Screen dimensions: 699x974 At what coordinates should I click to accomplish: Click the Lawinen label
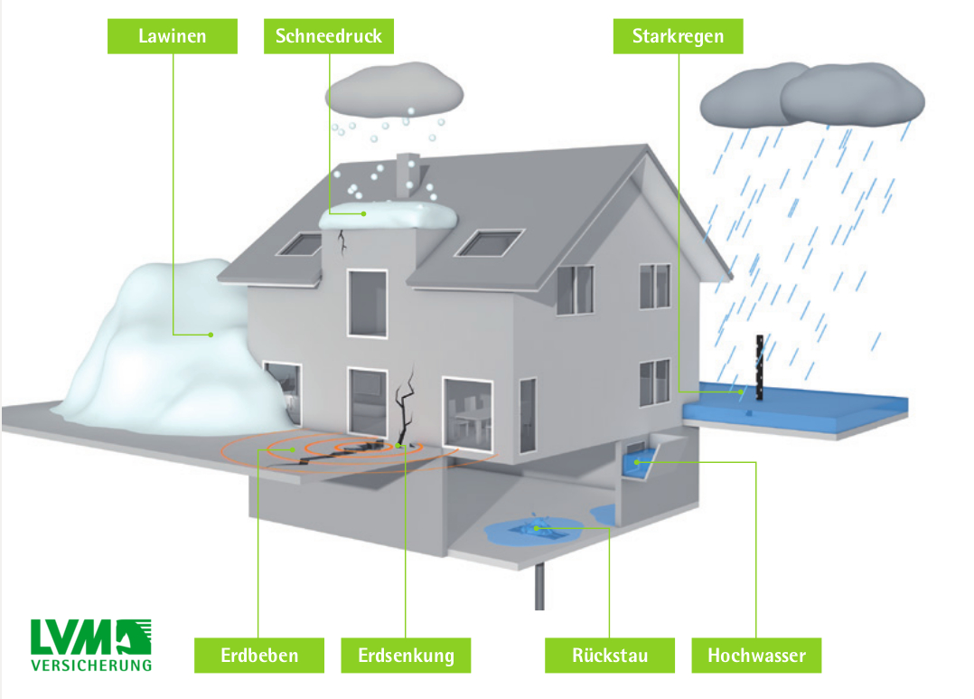pos(172,36)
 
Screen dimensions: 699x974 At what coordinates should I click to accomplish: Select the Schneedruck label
pos(329,36)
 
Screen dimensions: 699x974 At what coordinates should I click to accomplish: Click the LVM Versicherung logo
pos(90,645)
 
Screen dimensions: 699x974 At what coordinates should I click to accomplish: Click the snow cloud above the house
pos(395,93)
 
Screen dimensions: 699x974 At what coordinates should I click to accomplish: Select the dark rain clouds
pos(813,95)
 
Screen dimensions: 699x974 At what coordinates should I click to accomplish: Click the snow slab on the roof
pos(389,215)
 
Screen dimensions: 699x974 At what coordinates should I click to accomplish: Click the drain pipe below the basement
pos(539,588)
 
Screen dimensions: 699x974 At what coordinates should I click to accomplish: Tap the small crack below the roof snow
pos(342,241)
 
